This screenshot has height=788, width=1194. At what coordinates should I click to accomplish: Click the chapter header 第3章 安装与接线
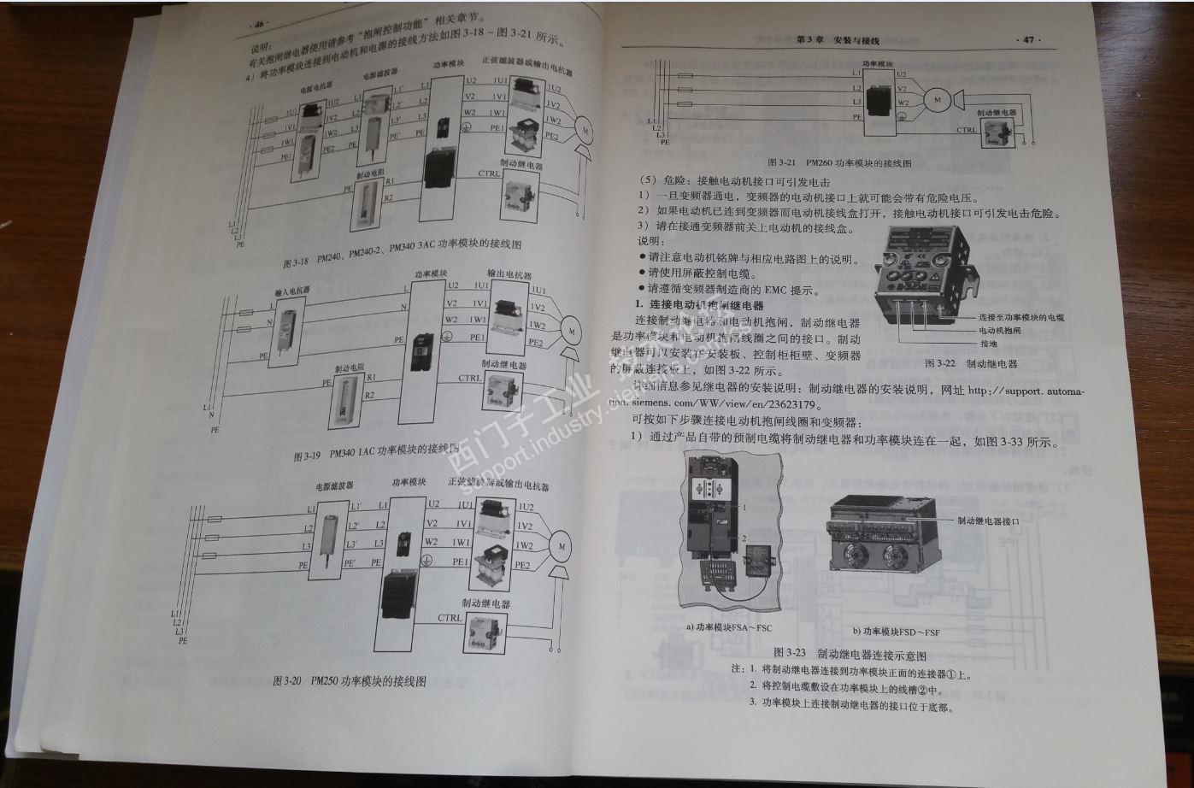coord(837,40)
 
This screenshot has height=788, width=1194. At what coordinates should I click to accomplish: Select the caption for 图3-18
coord(401,250)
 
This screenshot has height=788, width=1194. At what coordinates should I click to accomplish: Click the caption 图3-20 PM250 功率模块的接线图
coord(348,681)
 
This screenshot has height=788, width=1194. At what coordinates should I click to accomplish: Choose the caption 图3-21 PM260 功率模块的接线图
coord(839,162)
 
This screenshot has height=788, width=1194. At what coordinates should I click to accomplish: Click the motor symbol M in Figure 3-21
coord(937,100)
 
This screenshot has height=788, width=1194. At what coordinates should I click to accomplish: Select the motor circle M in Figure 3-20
coord(562,544)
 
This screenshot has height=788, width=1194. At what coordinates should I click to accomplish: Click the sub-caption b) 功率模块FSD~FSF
coord(907,631)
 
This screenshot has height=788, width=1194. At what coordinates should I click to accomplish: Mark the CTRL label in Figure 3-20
coord(450,617)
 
